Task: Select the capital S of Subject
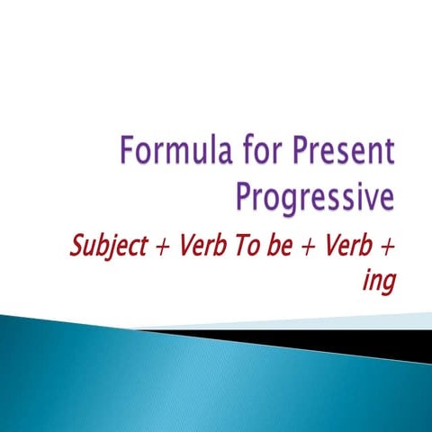click(75, 247)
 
